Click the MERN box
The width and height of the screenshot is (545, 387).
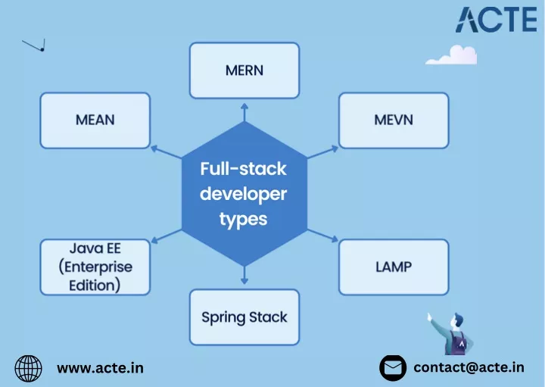click(x=244, y=70)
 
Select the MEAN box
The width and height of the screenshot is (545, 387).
click(x=95, y=120)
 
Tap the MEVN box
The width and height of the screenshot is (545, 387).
click(x=394, y=120)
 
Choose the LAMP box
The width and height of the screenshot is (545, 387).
click(x=394, y=267)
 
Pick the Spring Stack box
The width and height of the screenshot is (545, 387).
click(x=244, y=317)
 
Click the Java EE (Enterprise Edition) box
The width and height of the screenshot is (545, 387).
click(x=95, y=267)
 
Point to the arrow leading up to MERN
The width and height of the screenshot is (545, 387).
click(x=244, y=112)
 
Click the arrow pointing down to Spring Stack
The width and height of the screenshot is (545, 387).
click(x=244, y=275)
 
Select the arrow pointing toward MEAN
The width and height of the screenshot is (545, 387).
click(x=166, y=152)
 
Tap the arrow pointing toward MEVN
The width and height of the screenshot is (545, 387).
click(x=322, y=152)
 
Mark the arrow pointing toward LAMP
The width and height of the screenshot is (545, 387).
click(x=322, y=236)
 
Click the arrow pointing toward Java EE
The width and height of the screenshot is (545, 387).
click(x=166, y=236)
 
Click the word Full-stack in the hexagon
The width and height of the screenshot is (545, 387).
click(x=243, y=169)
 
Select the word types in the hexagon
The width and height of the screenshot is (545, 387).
click(x=243, y=220)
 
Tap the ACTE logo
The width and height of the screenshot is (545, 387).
click(x=497, y=20)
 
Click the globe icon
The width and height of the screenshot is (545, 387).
click(x=28, y=368)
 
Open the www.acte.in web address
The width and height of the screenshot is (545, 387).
click(x=100, y=368)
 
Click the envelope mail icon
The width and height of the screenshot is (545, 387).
click(x=393, y=368)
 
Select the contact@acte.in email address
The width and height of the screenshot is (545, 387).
click(x=469, y=367)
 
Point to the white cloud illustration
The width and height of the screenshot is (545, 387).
click(x=451, y=55)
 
